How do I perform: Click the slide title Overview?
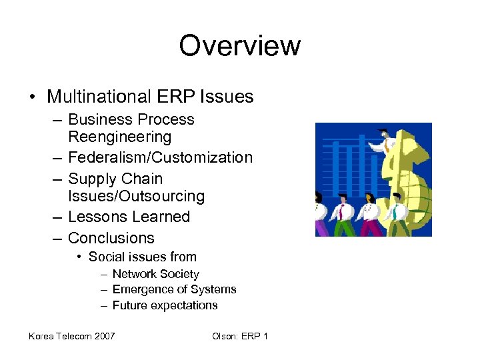point(239,46)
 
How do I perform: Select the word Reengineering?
point(119,137)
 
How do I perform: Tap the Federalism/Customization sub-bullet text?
point(160,158)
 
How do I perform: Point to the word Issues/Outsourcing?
point(136,197)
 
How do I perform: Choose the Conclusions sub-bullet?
point(111,238)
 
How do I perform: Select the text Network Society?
point(155,274)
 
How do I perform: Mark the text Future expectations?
point(165,305)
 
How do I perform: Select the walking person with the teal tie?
point(398,212)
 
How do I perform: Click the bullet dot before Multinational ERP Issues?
point(33,97)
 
